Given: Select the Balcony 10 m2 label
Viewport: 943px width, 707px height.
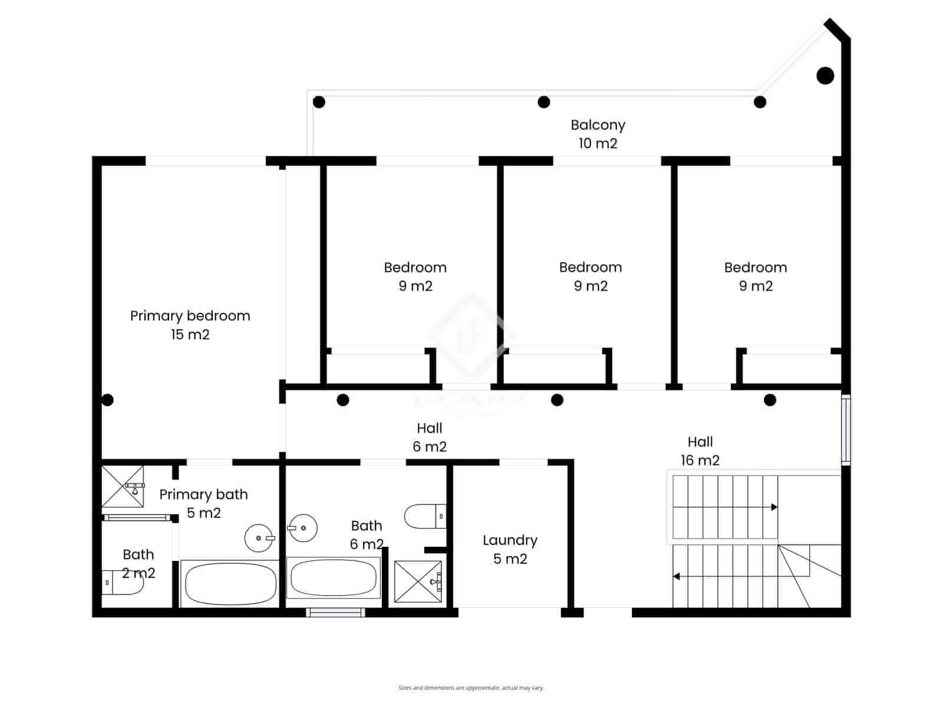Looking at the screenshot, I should point(598,134).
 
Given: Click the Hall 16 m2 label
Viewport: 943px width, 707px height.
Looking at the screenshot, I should point(700,451).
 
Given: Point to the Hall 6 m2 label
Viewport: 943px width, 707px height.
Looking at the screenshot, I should point(429,437).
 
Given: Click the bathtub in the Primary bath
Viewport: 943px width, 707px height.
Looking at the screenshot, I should point(230,583).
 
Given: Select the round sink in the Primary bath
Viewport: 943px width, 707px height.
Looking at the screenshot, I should point(259,538).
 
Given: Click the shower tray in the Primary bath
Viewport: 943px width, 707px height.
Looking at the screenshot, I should point(123,486).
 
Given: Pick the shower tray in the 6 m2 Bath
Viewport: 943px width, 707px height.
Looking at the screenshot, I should point(417,582).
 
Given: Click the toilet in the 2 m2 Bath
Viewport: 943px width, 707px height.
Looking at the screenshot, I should point(122,582).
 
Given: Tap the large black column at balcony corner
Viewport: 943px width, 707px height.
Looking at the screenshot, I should point(825,75).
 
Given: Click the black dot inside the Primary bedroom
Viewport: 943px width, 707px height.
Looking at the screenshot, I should point(107,400).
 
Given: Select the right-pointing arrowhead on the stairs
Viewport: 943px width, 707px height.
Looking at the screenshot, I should point(774,507).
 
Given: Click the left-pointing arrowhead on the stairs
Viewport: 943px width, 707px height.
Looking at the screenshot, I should point(677,576).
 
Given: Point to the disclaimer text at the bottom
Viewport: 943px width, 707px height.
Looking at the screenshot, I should point(471,688).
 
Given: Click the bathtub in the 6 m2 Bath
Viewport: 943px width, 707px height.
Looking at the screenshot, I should point(334,578).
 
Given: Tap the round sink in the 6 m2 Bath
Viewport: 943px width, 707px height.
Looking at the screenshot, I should point(303,528).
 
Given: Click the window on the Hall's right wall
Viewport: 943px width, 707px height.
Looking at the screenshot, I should point(846,428).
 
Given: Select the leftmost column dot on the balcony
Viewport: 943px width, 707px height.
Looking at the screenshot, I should point(319,102).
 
